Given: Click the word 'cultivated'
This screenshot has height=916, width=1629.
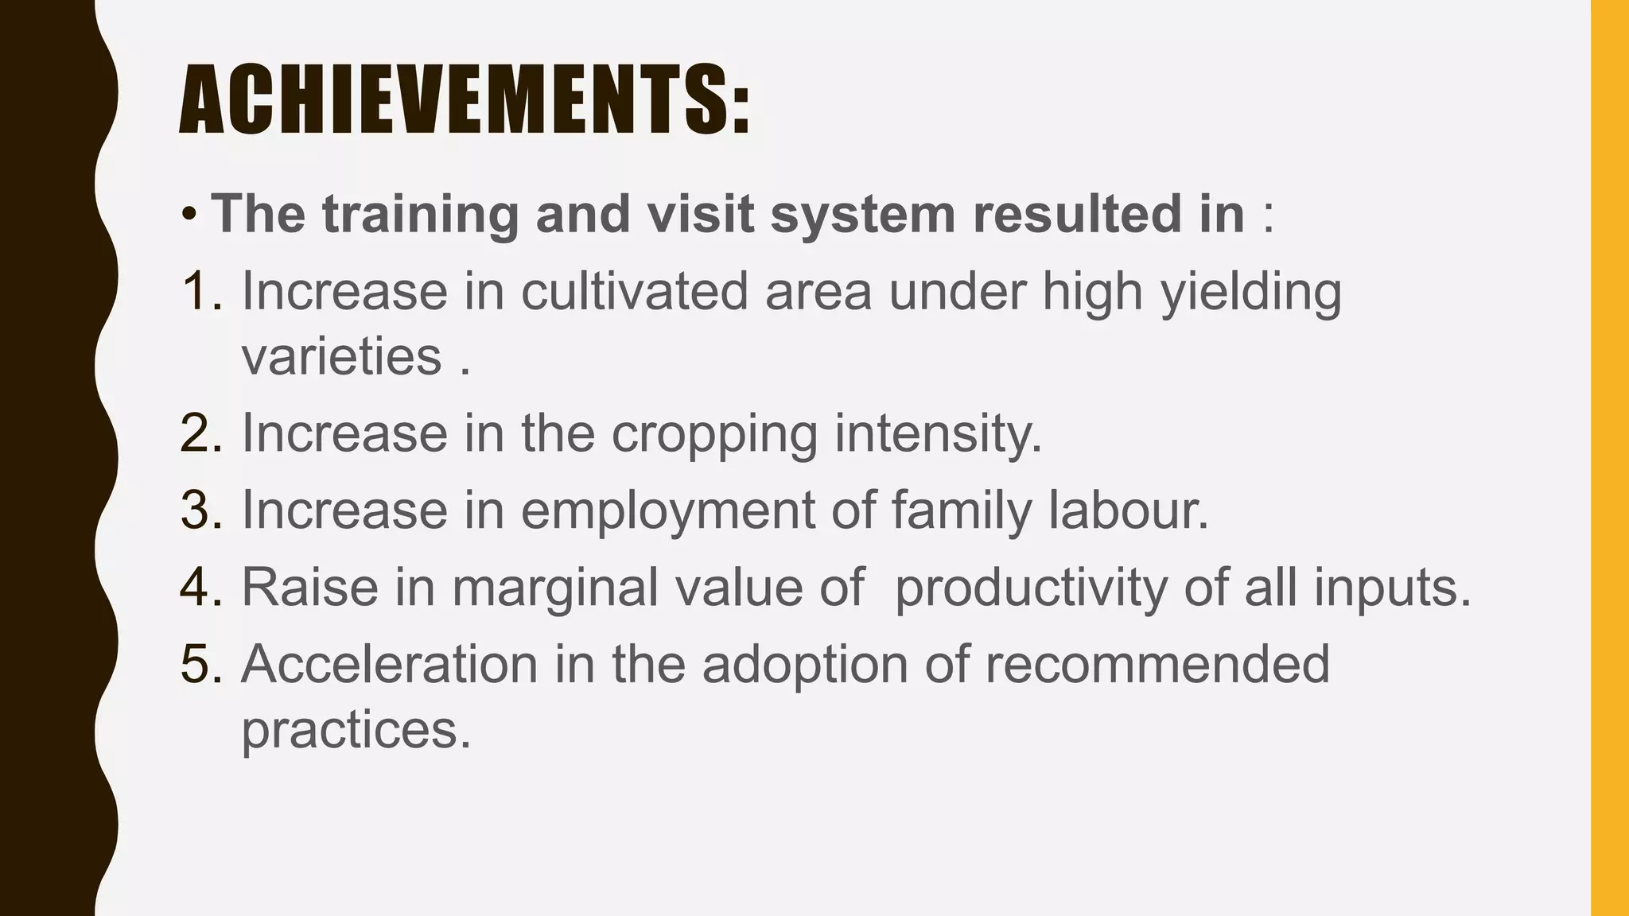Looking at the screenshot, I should click(x=635, y=291).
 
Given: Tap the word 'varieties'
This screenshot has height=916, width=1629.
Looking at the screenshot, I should click(x=342, y=356).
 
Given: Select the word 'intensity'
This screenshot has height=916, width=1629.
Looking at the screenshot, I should click(x=936, y=434).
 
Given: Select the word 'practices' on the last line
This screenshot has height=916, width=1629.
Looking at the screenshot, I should click(x=355, y=730).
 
